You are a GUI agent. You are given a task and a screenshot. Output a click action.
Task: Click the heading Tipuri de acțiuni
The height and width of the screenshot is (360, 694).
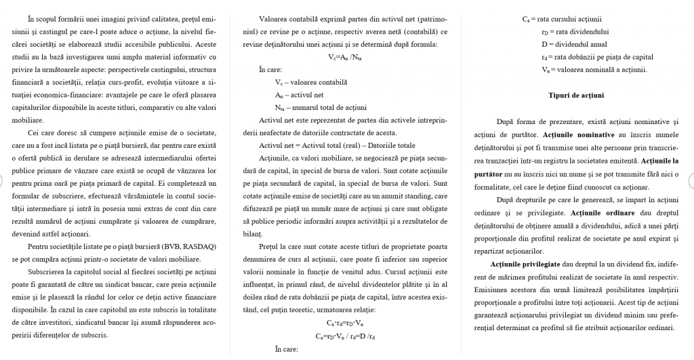pyautogui.click(x=576, y=95)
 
